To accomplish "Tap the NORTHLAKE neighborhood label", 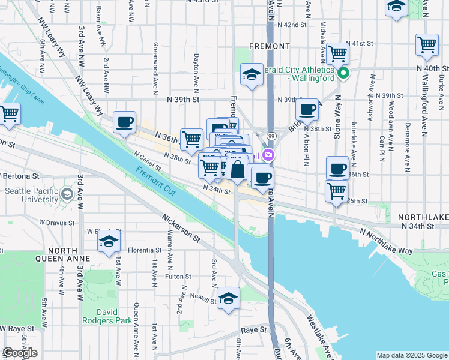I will (x=420, y=215).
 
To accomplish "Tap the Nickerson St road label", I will (x=181, y=226).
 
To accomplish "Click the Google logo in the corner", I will (x=20, y=353).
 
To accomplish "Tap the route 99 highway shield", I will (x=272, y=137).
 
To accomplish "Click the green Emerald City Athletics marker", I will (x=343, y=74).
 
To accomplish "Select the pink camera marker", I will (x=268, y=155).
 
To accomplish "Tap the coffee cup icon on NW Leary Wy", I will (x=125, y=122).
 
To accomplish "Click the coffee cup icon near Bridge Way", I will (x=307, y=109).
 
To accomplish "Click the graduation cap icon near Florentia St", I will (x=109, y=241).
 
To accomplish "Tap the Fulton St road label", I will (x=178, y=277).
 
